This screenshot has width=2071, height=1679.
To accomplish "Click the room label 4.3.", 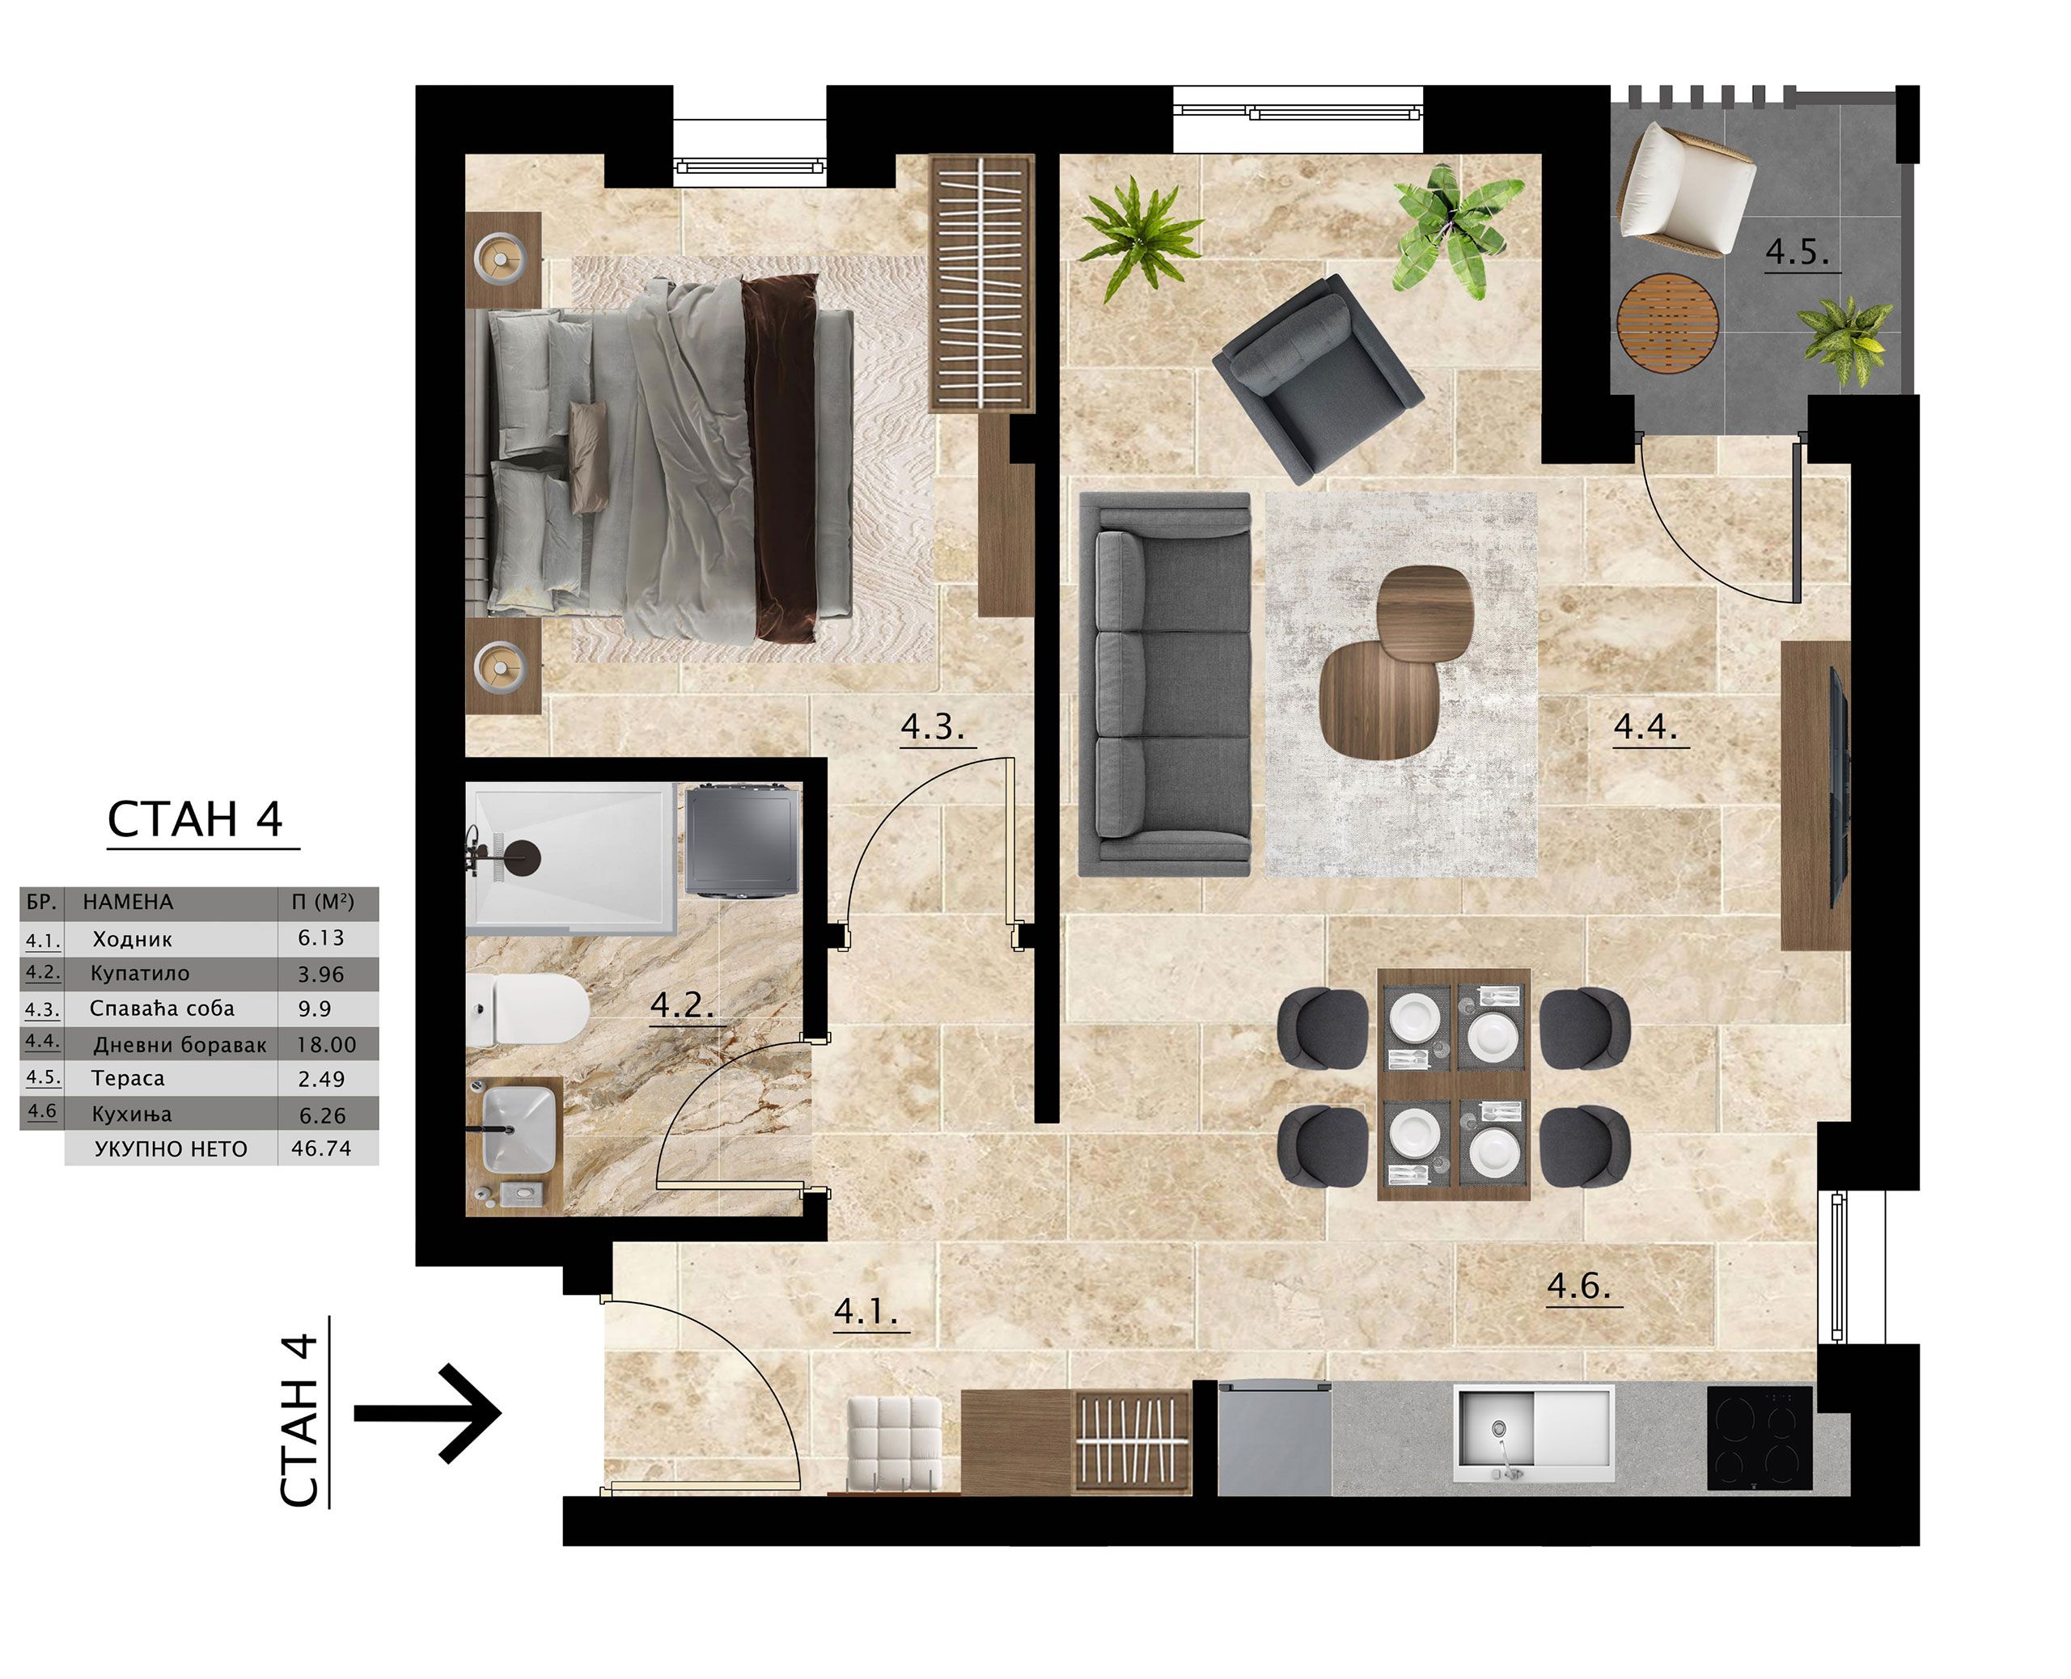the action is pyautogui.click(x=933, y=726).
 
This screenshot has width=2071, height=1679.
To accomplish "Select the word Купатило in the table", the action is pyautogui.click(x=139, y=973).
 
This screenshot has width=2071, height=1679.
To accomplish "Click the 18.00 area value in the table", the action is pyautogui.click(x=326, y=1045).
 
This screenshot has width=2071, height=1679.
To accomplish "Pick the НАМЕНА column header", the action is pyautogui.click(x=128, y=902).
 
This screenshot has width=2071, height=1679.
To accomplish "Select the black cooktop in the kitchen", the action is pyautogui.click(x=1759, y=1438).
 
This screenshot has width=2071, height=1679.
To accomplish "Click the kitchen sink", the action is pyautogui.click(x=1534, y=1433).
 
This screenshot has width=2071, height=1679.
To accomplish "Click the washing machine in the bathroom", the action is pyautogui.click(x=743, y=840).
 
